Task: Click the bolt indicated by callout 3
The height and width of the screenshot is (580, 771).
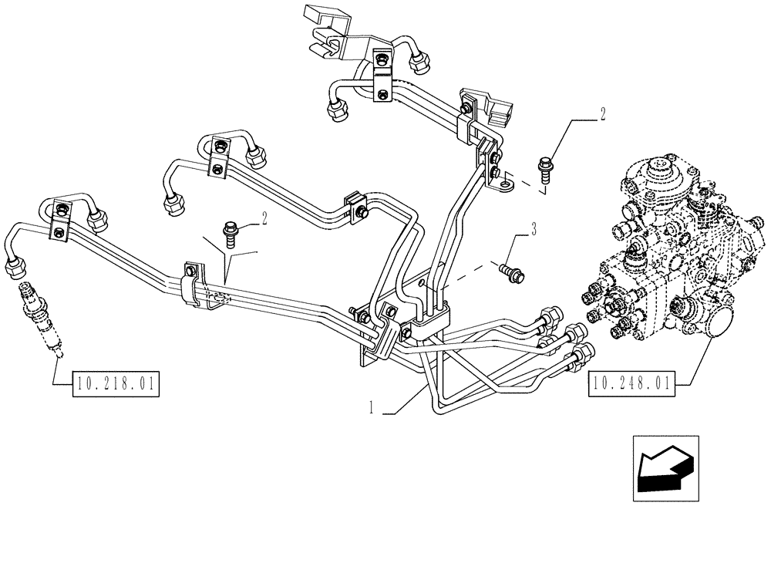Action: click(x=510, y=270)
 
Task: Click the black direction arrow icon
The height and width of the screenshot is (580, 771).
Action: click(x=664, y=467)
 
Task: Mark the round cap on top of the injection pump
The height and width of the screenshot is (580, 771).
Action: click(x=657, y=167)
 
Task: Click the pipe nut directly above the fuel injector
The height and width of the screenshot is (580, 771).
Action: click(x=15, y=268)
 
